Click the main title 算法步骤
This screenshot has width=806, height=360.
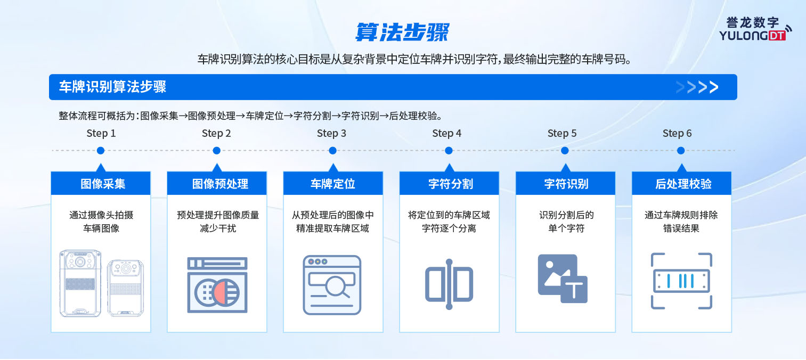click(x=402, y=32)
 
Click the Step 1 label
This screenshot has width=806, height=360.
click(x=101, y=134)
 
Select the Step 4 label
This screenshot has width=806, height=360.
click(x=446, y=134)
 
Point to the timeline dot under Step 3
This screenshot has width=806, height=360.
click(x=332, y=151)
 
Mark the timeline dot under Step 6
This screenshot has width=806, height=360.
click(x=681, y=151)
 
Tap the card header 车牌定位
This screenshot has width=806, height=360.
click(x=333, y=183)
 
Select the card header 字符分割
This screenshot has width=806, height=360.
click(x=450, y=183)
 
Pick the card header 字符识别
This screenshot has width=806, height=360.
click(x=566, y=183)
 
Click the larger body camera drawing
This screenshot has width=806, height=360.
click(x=80, y=283)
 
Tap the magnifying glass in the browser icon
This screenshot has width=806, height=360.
click(x=338, y=287)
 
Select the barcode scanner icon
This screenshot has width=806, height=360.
click(x=681, y=281)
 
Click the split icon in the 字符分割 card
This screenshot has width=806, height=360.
click(x=449, y=284)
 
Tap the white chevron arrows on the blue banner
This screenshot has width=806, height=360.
click(x=697, y=87)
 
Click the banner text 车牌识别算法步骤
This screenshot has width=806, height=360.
click(x=112, y=87)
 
